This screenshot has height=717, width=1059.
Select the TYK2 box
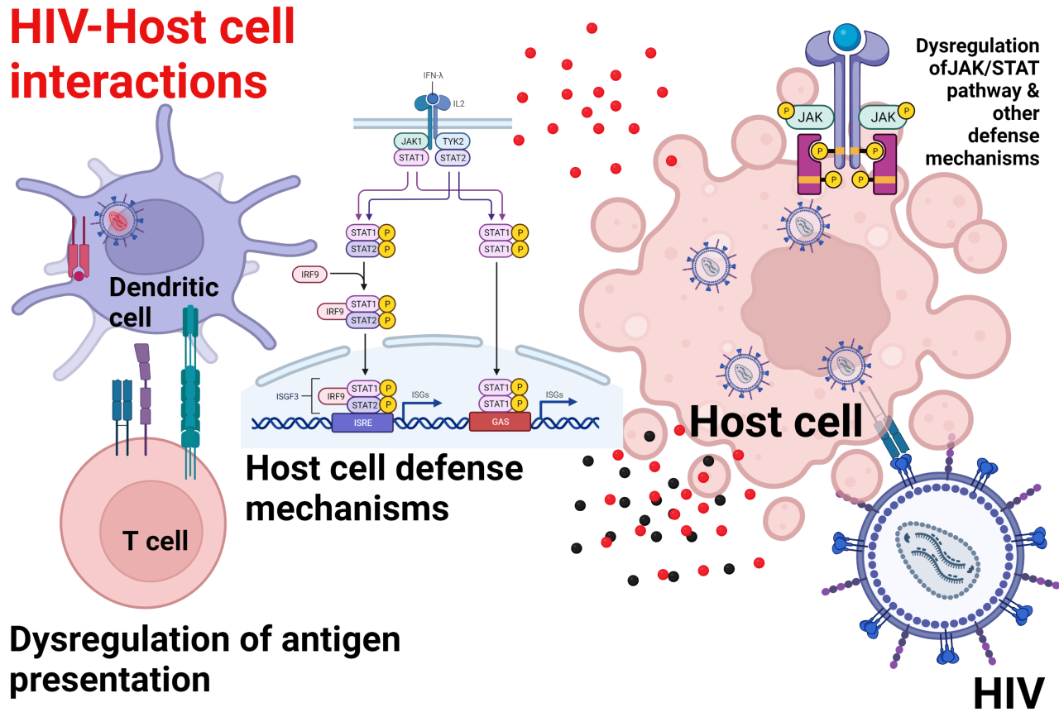point(453,141)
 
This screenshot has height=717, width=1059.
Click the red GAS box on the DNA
point(500,422)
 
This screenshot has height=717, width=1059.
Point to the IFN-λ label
point(433,75)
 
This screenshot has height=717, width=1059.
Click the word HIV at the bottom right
point(1009,693)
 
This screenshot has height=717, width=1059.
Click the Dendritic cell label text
point(163,302)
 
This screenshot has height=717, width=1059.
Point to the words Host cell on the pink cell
point(776,420)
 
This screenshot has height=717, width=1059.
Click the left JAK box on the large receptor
point(810,117)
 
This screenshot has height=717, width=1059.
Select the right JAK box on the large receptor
point(883,117)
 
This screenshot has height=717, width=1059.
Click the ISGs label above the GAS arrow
point(553,394)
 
